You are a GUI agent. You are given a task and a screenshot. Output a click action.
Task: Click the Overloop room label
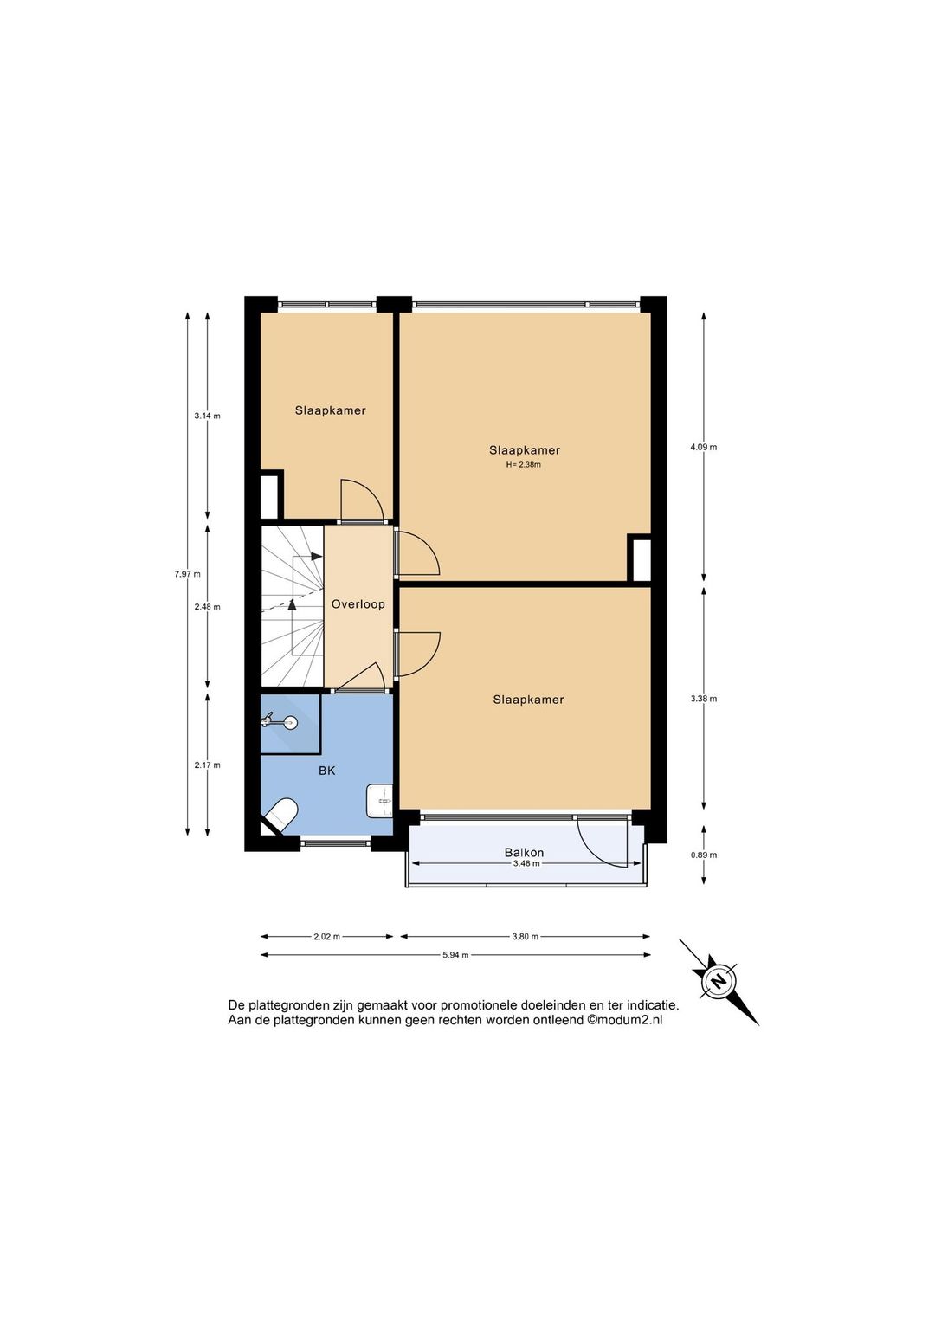click(358, 604)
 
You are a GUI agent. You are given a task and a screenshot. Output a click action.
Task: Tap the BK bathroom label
click(326, 771)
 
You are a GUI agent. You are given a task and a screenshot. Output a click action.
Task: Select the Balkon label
click(524, 852)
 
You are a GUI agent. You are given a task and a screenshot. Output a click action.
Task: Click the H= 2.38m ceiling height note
click(523, 465)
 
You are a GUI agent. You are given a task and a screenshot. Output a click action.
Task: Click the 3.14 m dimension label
click(207, 416)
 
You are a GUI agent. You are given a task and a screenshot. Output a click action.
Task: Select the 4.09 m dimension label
click(704, 447)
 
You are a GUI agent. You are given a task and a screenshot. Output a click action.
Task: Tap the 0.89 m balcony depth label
click(704, 855)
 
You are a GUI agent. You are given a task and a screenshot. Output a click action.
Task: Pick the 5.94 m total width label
click(455, 955)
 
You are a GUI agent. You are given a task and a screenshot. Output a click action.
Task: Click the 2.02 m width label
click(327, 936)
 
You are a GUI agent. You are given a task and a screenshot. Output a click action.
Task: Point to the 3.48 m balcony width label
click(526, 863)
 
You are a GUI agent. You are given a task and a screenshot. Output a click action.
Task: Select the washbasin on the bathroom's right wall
click(379, 801)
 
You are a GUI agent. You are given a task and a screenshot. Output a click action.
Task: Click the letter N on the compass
click(719, 982)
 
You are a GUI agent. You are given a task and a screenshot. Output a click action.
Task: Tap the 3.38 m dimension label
click(704, 699)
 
